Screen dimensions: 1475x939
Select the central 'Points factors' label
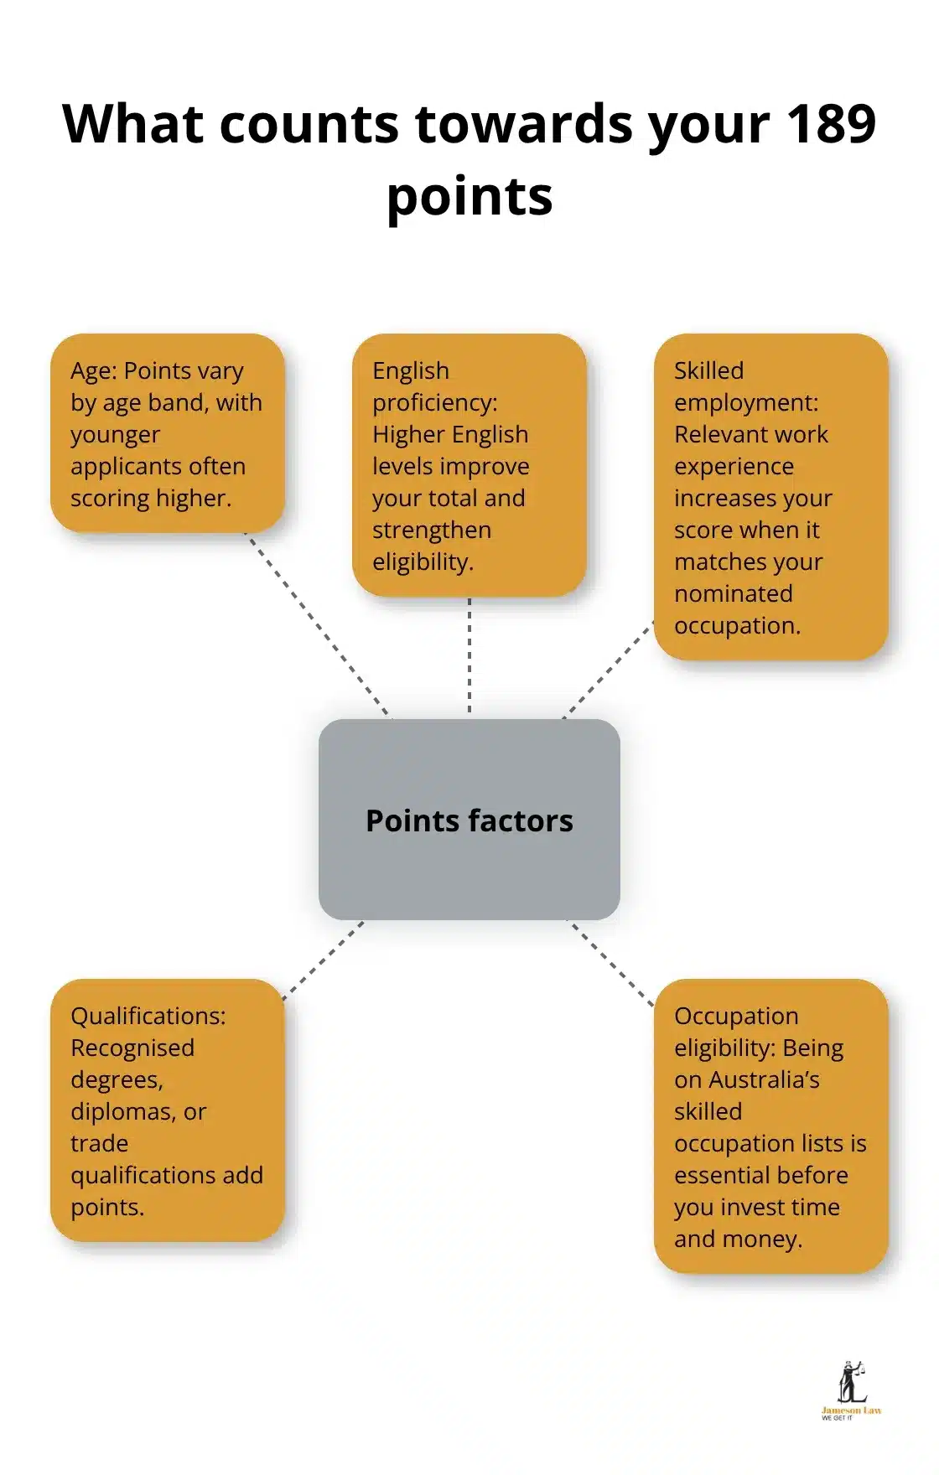[469, 820]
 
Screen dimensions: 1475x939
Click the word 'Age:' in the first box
[94, 370]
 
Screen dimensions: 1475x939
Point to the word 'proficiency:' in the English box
[434, 403]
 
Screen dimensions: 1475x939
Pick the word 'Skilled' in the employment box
[708, 370]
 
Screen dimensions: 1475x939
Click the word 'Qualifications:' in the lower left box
[148, 1016]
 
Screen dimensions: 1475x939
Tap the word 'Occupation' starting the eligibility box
[736, 1016]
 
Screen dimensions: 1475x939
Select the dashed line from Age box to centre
[317, 624]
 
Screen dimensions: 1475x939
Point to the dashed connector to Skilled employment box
[609, 670]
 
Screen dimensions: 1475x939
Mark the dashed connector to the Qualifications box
[324, 960]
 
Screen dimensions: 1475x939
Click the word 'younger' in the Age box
[115, 435]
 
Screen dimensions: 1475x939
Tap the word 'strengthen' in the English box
[432, 530]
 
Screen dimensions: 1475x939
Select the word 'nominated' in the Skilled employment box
[734, 594]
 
